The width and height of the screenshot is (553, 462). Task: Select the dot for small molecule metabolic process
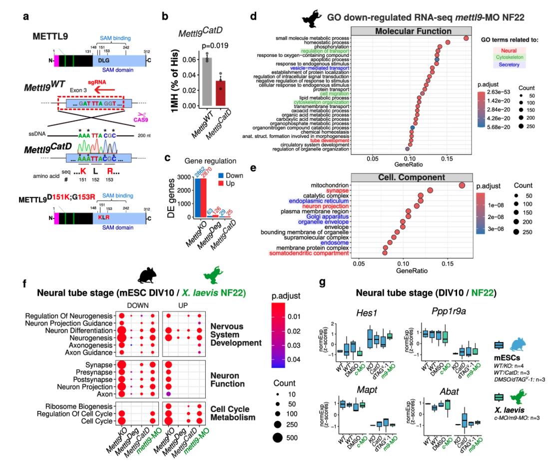click(466, 38)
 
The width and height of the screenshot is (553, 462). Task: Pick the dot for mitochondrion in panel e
click(462, 185)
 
